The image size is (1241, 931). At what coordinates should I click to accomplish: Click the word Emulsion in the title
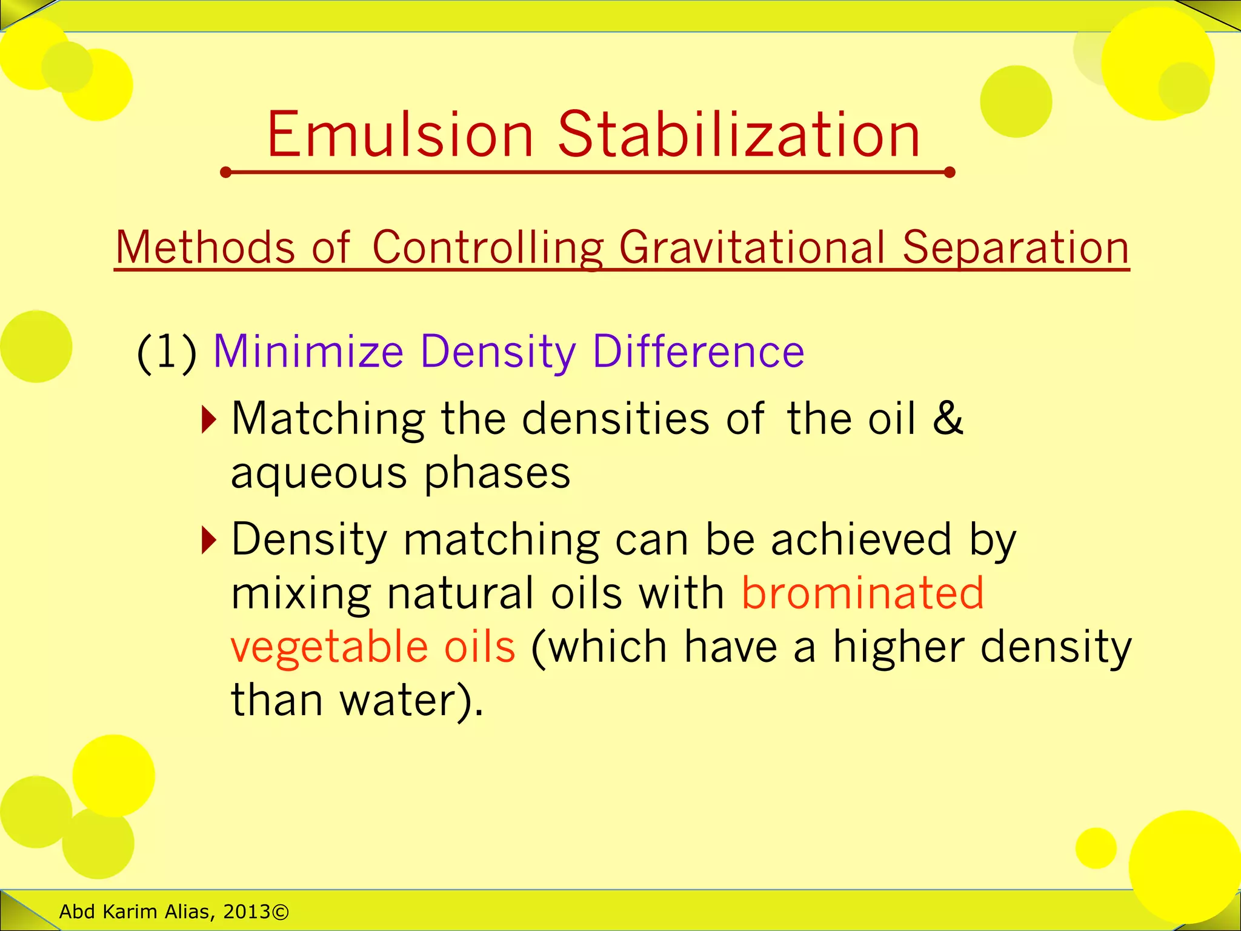coord(400,135)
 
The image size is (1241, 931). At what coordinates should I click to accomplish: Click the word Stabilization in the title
coord(739,135)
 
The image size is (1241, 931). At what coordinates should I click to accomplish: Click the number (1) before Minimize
coord(167,352)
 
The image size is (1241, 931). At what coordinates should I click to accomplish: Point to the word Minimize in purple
coord(308,352)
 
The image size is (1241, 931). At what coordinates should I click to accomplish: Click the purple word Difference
coord(698,352)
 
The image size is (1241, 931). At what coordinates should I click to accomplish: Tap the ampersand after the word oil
coord(948,418)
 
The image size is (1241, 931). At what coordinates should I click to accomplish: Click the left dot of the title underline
coord(226,173)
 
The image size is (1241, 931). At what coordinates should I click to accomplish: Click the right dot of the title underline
coord(950,173)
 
